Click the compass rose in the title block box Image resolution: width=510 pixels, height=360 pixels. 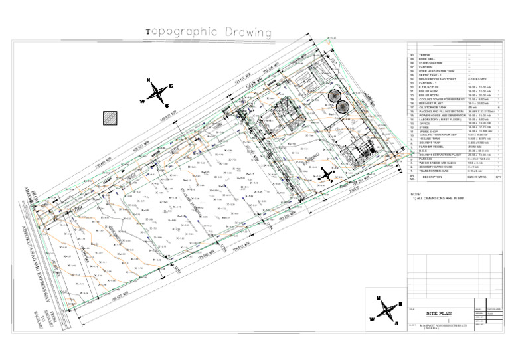[x=386, y=310]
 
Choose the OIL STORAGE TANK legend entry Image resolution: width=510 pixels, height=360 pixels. [x=432, y=108]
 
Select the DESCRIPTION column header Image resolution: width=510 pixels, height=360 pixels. [x=432, y=177]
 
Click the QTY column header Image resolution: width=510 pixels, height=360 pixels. [x=498, y=177]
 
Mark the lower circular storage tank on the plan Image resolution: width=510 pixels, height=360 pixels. [x=343, y=106]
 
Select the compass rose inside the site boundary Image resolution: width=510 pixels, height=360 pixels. [x=326, y=175]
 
